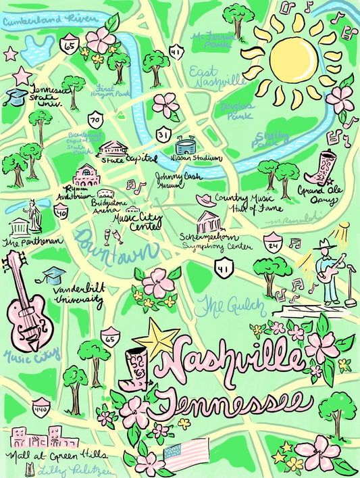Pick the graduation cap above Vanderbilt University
pos(54,274)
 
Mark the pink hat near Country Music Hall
pos(205,200)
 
